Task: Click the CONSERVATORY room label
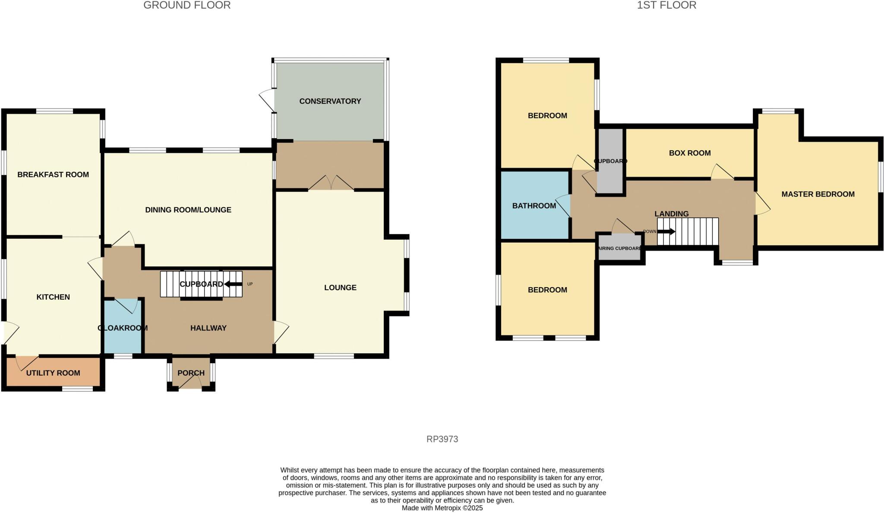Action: (x=330, y=101)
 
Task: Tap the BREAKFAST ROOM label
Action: (x=53, y=174)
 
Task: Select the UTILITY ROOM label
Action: (x=53, y=373)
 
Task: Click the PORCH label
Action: (x=191, y=373)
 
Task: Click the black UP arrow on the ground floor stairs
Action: (x=233, y=284)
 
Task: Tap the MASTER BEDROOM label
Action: (x=818, y=194)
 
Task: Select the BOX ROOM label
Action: (x=689, y=153)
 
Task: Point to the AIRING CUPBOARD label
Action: (x=619, y=248)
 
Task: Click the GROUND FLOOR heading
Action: (x=187, y=5)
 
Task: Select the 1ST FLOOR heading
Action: (x=666, y=5)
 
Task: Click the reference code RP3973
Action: (x=442, y=439)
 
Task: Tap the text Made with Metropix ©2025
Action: (x=442, y=508)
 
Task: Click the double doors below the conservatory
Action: (x=331, y=183)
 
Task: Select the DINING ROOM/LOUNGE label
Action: (x=188, y=210)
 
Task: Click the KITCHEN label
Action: (x=53, y=297)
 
